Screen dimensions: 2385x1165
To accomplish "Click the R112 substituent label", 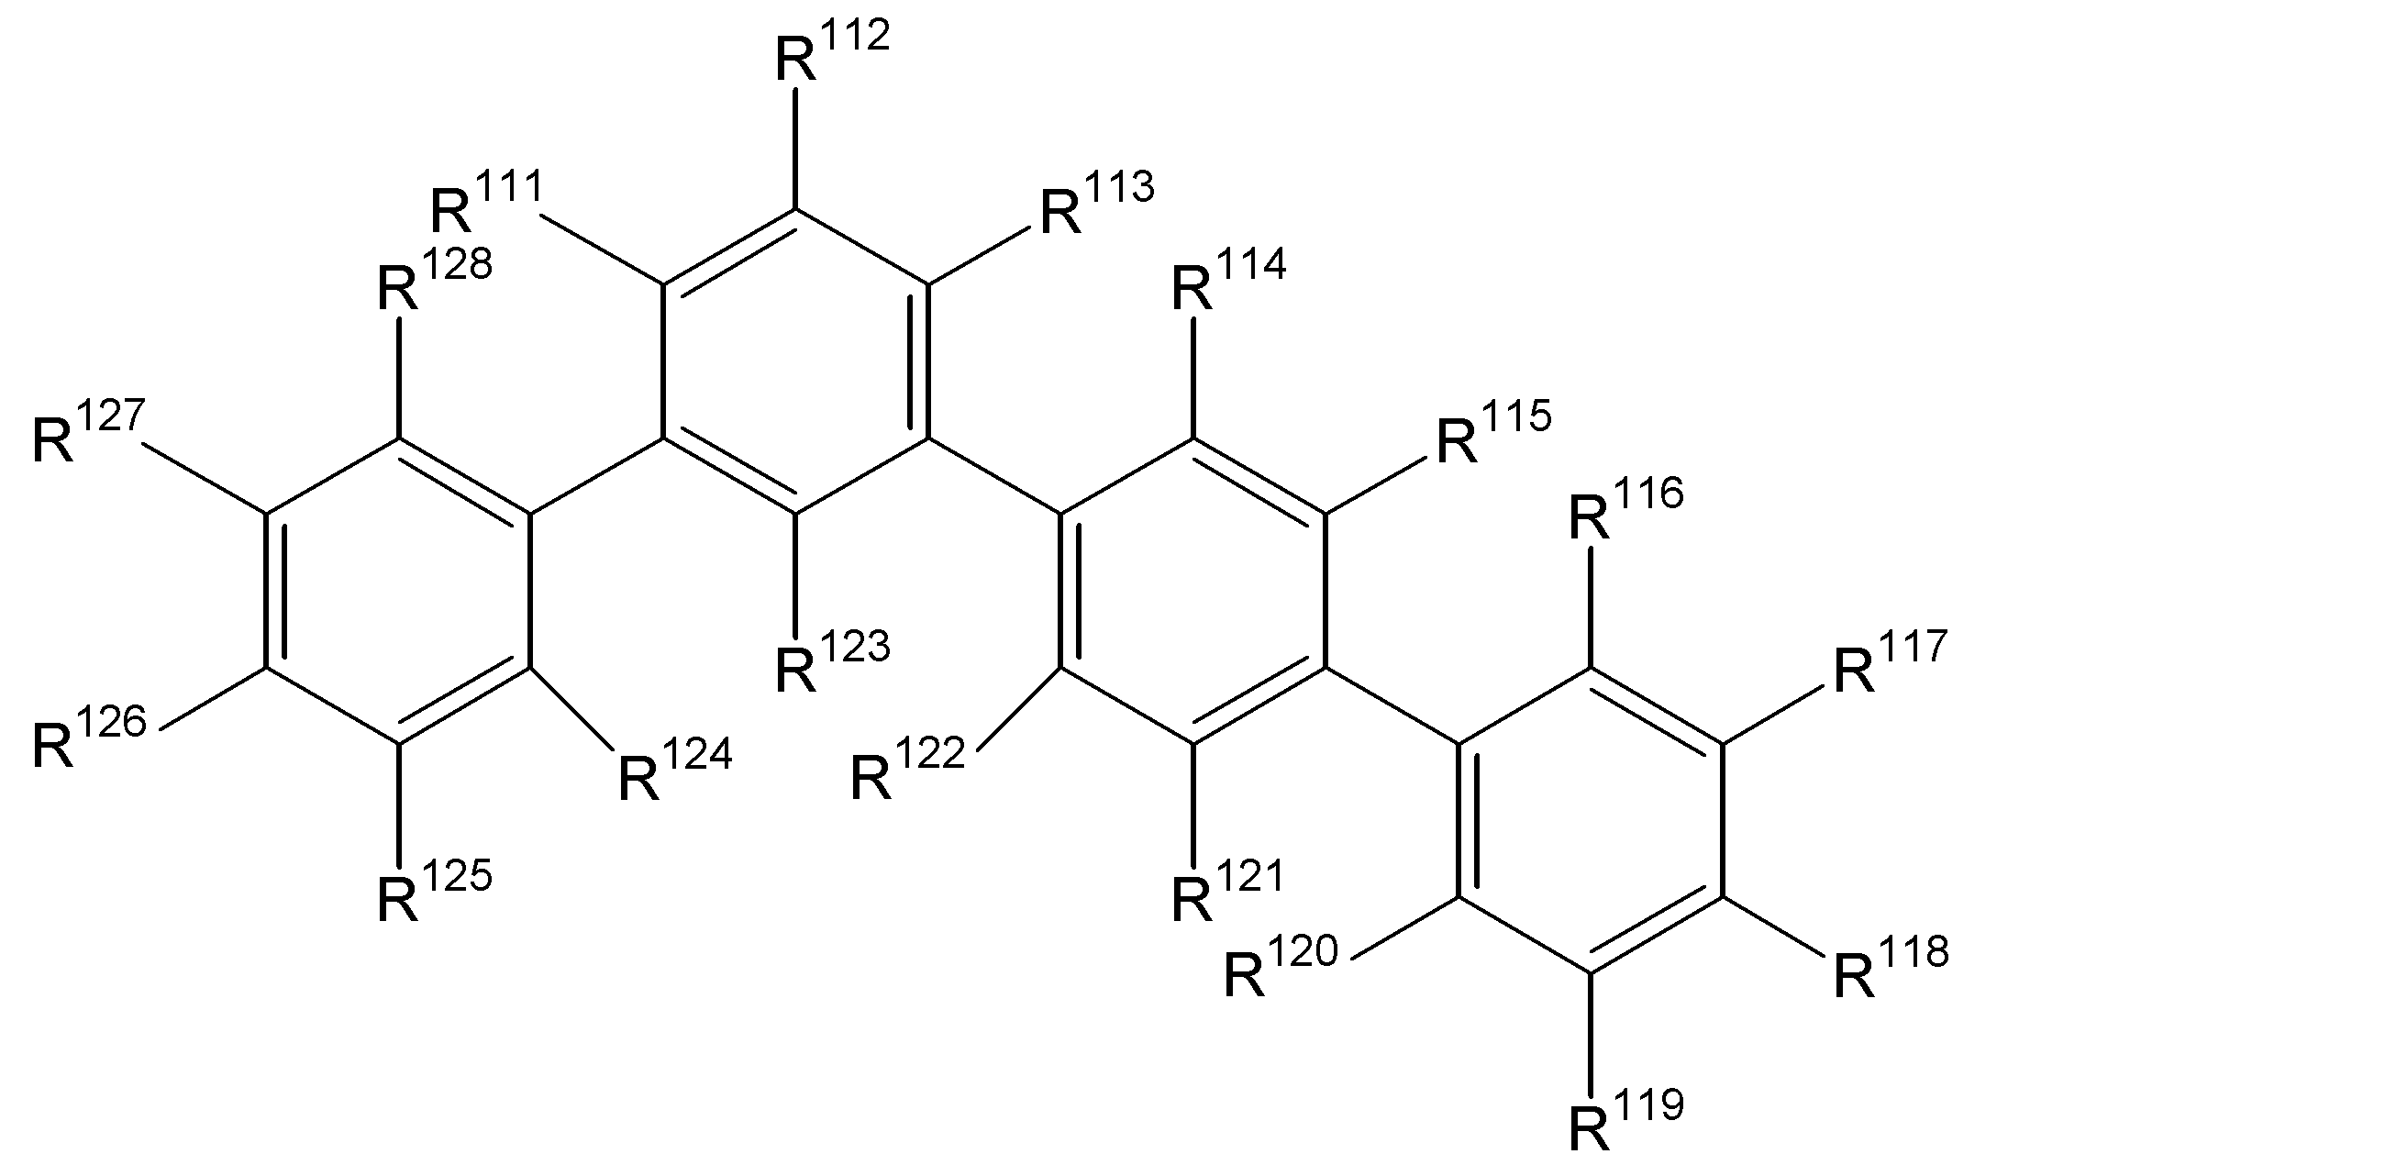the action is [x=830, y=52].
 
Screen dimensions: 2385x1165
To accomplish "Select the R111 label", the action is [x=487, y=201].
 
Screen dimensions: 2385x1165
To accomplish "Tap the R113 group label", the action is [x=1097, y=203].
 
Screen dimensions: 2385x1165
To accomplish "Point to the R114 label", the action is [x=1228, y=279].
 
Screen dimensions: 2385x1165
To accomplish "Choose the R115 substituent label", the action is [x=1492, y=430].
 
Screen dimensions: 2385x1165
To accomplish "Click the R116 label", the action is [x=1625, y=508].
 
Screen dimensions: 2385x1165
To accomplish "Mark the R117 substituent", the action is [x=1890, y=661].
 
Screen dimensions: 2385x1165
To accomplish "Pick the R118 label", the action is [x=1891, y=967].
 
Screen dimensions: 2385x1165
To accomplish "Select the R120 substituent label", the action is [x=1281, y=967].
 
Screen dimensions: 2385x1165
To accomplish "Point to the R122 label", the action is [x=907, y=768].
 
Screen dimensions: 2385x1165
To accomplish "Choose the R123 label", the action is [x=831, y=661].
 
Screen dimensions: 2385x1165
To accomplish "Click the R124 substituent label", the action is [x=675, y=769].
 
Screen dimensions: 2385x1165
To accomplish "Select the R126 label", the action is [x=89, y=738].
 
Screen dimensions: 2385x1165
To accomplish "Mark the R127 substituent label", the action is [x=89, y=430].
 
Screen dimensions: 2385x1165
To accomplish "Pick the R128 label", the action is [x=434, y=279].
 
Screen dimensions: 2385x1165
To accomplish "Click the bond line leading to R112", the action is [x=794, y=149].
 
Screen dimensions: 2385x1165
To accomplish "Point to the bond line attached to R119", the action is [x=1591, y=1033].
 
